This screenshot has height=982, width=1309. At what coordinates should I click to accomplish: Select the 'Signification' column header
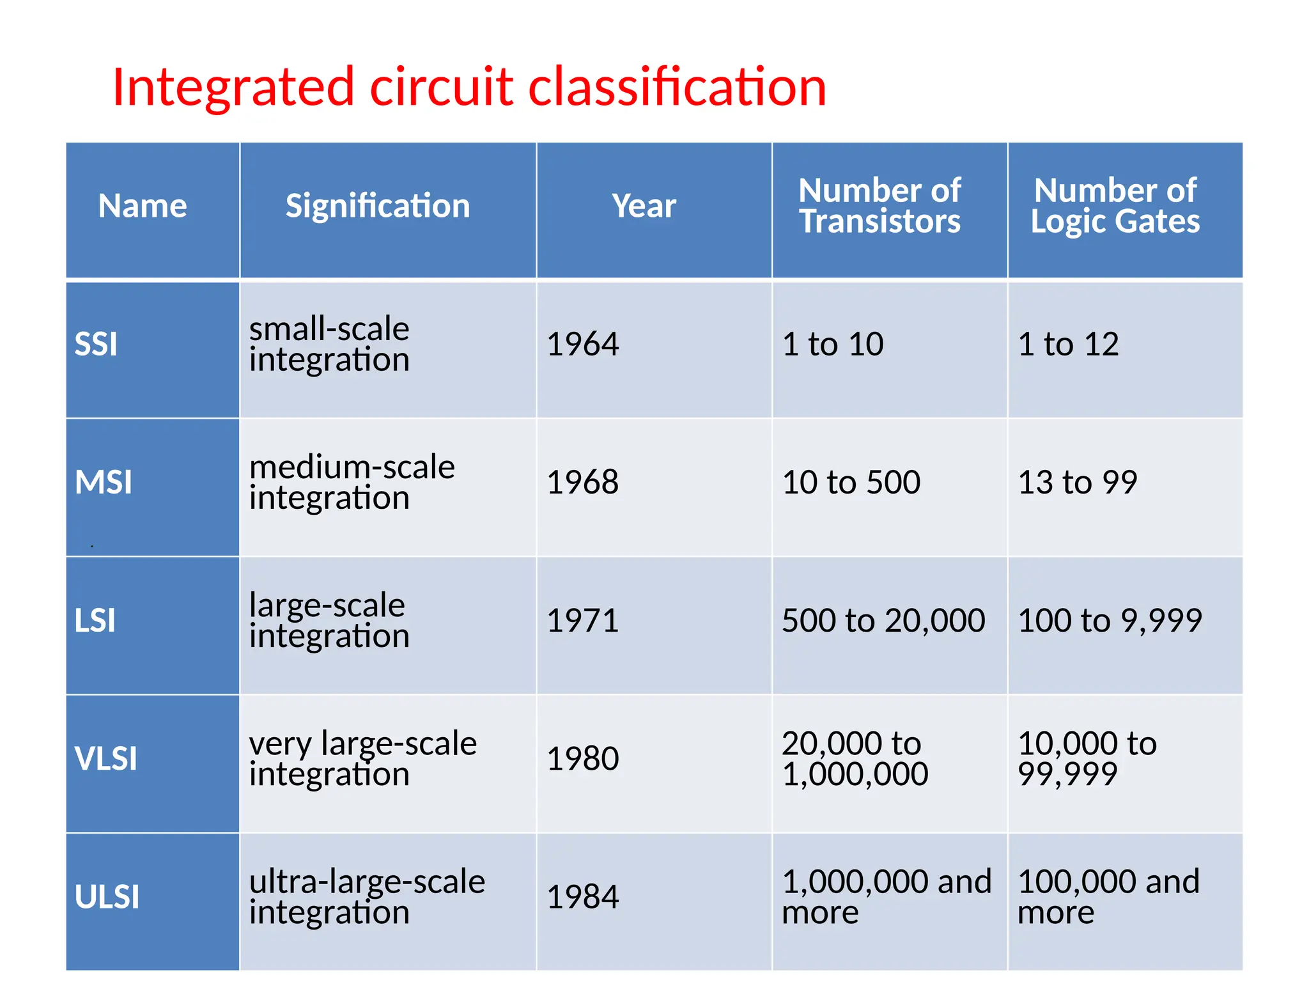click(x=377, y=206)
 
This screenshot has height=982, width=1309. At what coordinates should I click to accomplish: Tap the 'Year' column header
click(x=644, y=206)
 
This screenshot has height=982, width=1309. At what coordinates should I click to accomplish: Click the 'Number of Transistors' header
click(x=879, y=206)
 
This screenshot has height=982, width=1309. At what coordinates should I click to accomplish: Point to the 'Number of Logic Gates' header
click(x=1115, y=206)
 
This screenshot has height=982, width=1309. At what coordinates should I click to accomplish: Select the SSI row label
click(x=97, y=345)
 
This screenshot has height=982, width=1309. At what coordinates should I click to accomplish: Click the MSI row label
click(x=104, y=482)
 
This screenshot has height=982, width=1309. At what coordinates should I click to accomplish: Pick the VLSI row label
click(x=106, y=759)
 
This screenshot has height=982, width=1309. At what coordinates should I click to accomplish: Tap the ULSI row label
click(x=107, y=897)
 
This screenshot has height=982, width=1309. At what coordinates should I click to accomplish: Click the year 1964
click(x=583, y=345)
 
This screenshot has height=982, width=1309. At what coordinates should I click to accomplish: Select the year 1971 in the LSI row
click(x=583, y=621)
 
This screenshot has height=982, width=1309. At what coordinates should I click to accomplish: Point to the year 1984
click(x=583, y=897)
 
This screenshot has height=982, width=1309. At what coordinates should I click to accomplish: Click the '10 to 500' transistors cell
click(x=851, y=482)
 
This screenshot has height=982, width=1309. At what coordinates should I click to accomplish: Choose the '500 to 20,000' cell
click(x=883, y=621)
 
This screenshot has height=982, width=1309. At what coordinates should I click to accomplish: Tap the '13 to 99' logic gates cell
click(x=1078, y=482)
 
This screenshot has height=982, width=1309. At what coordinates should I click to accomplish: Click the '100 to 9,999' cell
click(x=1110, y=621)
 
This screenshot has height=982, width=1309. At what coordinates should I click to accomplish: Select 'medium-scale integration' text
click(x=352, y=482)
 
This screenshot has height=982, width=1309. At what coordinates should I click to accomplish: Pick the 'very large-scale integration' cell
click(x=362, y=759)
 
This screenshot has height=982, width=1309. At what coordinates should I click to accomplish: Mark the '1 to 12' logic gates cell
click(x=1068, y=345)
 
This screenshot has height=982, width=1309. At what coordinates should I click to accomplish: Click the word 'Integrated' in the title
click(x=233, y=87)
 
